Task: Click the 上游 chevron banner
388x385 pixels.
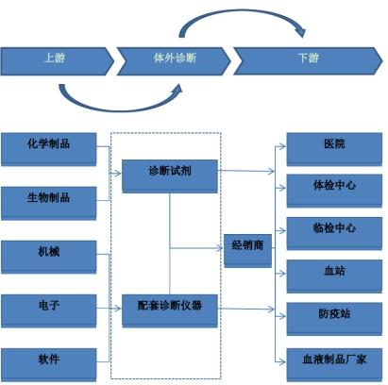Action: tap(57, 61)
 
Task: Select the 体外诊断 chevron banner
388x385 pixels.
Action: tap(174, 61)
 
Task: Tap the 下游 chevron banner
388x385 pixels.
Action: tap(308, 61)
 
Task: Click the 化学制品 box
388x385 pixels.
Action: tap(49, 149)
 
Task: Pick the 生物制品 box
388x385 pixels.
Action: tap(49, 203)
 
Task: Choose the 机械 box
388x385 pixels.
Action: tap(49, 257)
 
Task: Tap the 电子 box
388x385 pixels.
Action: tap(49, 310)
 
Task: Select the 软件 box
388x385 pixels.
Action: tap(49, 364)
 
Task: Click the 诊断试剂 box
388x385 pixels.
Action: tap(170, 176)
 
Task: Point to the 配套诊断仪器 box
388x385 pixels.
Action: tap(170, 310)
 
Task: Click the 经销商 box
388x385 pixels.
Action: tap(247, 251)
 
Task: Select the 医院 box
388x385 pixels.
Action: tap(334, 149)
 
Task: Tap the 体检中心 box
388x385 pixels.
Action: tap(334, 191)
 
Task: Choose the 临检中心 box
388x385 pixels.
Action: tap(334, 233)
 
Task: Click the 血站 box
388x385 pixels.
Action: tap(334, 276)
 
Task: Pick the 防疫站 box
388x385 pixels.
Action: tap(334, 319)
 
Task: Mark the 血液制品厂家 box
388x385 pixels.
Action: tap(334, 364)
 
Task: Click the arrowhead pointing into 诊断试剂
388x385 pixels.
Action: tap(118, 173)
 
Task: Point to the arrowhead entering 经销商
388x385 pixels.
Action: tap(220, 248)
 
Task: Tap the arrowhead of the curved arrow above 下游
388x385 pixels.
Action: tap(301, 32)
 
